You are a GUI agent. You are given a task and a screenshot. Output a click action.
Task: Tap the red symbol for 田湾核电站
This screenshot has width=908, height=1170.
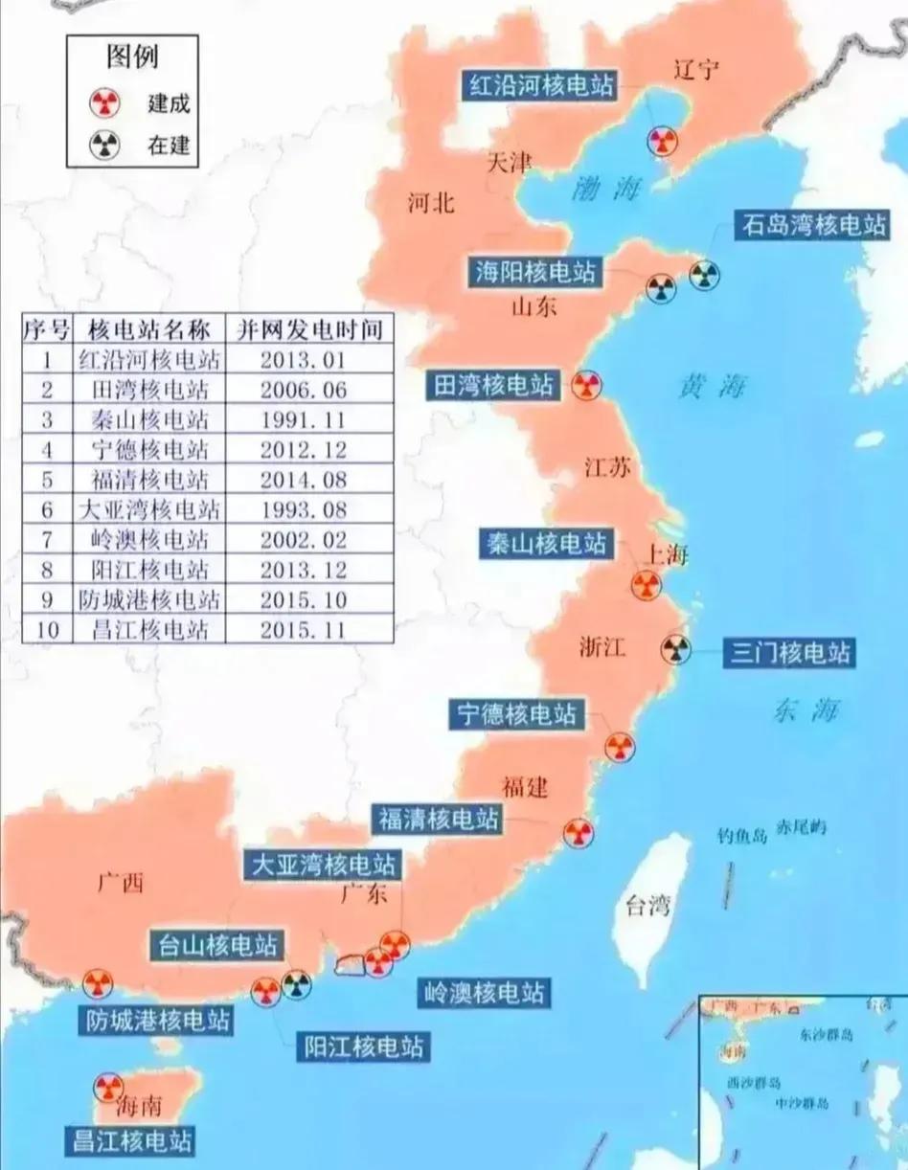click(586, 386)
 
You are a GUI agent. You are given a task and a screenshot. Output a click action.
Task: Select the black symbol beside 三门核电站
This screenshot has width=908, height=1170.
click(675, 650)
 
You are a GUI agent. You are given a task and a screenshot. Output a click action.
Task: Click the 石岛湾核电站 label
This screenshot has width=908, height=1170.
click(811, 226)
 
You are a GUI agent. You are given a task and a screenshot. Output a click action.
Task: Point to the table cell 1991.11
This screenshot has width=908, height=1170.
click(302, 420)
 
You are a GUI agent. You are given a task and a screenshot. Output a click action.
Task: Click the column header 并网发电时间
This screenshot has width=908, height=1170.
click(308, 330)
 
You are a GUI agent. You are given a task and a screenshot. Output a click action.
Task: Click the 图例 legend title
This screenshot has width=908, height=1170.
click(131, 57)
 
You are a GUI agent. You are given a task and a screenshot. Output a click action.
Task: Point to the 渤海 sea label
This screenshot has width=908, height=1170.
click(605, 188)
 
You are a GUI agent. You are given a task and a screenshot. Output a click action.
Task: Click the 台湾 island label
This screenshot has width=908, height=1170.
click(647, 905)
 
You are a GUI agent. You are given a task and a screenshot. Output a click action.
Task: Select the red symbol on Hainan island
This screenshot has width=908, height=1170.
click(107, 1087)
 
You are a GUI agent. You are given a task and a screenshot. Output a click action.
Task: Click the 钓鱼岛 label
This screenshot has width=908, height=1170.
click(742, 835)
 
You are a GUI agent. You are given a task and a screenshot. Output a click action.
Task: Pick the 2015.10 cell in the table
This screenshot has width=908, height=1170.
click(302, 600)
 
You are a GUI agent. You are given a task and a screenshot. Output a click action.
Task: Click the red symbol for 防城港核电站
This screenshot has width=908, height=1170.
click(97, 982)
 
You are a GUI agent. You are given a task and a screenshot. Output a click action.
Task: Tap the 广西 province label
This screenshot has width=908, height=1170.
click(120, 883)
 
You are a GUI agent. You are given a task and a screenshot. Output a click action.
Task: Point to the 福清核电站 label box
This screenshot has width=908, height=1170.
click(438, 820)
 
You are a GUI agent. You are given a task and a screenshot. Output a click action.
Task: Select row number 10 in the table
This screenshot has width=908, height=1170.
click(46, 630)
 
